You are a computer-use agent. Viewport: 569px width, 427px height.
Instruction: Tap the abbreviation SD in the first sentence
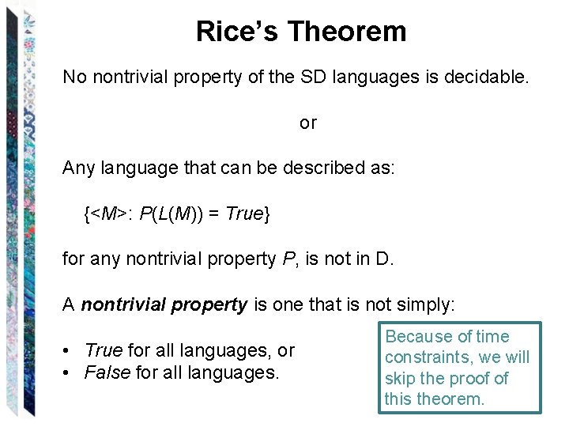point(334,77)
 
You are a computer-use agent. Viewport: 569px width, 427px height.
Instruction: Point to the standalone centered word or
point(307,123)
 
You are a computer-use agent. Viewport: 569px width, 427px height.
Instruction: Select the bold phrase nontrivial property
point(164,304)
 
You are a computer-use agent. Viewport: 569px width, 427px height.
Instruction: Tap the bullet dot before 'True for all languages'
point(72,350)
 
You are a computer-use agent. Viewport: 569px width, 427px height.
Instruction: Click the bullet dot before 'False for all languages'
point(72,371)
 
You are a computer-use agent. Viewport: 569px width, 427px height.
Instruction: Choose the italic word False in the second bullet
point(107,371)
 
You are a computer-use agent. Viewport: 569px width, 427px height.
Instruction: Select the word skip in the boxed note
point(401,378)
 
